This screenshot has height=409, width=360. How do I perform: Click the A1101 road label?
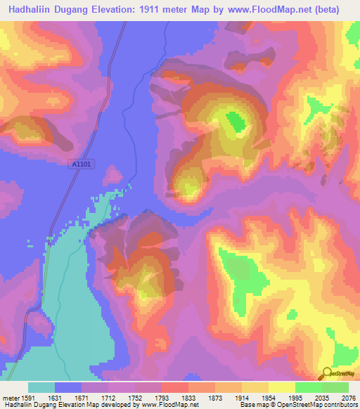click(x=82, y=164)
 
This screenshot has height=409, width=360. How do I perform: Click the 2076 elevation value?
click(x=347, y=398)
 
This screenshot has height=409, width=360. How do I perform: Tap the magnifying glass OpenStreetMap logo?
click(x=326, y=374)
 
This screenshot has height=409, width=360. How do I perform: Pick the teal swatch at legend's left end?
click(x=41, y=387)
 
